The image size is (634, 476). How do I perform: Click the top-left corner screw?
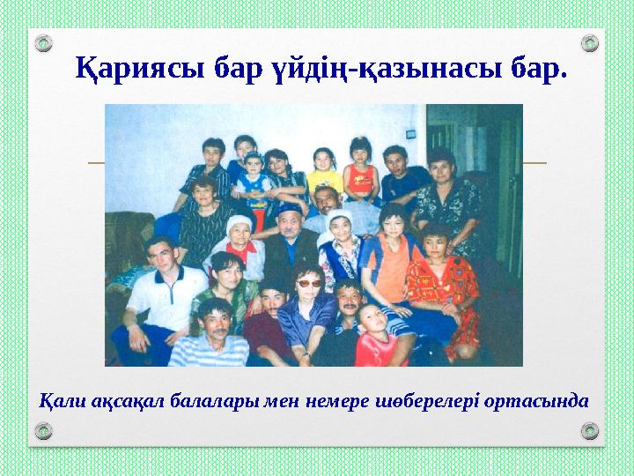(x=43, y=43)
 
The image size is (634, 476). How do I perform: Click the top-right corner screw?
(x=591, y=43)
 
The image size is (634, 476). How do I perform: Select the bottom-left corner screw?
(x=43, y=430)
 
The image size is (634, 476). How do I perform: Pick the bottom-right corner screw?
(x=591, y=430)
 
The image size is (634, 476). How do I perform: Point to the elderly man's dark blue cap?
(x=288, y=210)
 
